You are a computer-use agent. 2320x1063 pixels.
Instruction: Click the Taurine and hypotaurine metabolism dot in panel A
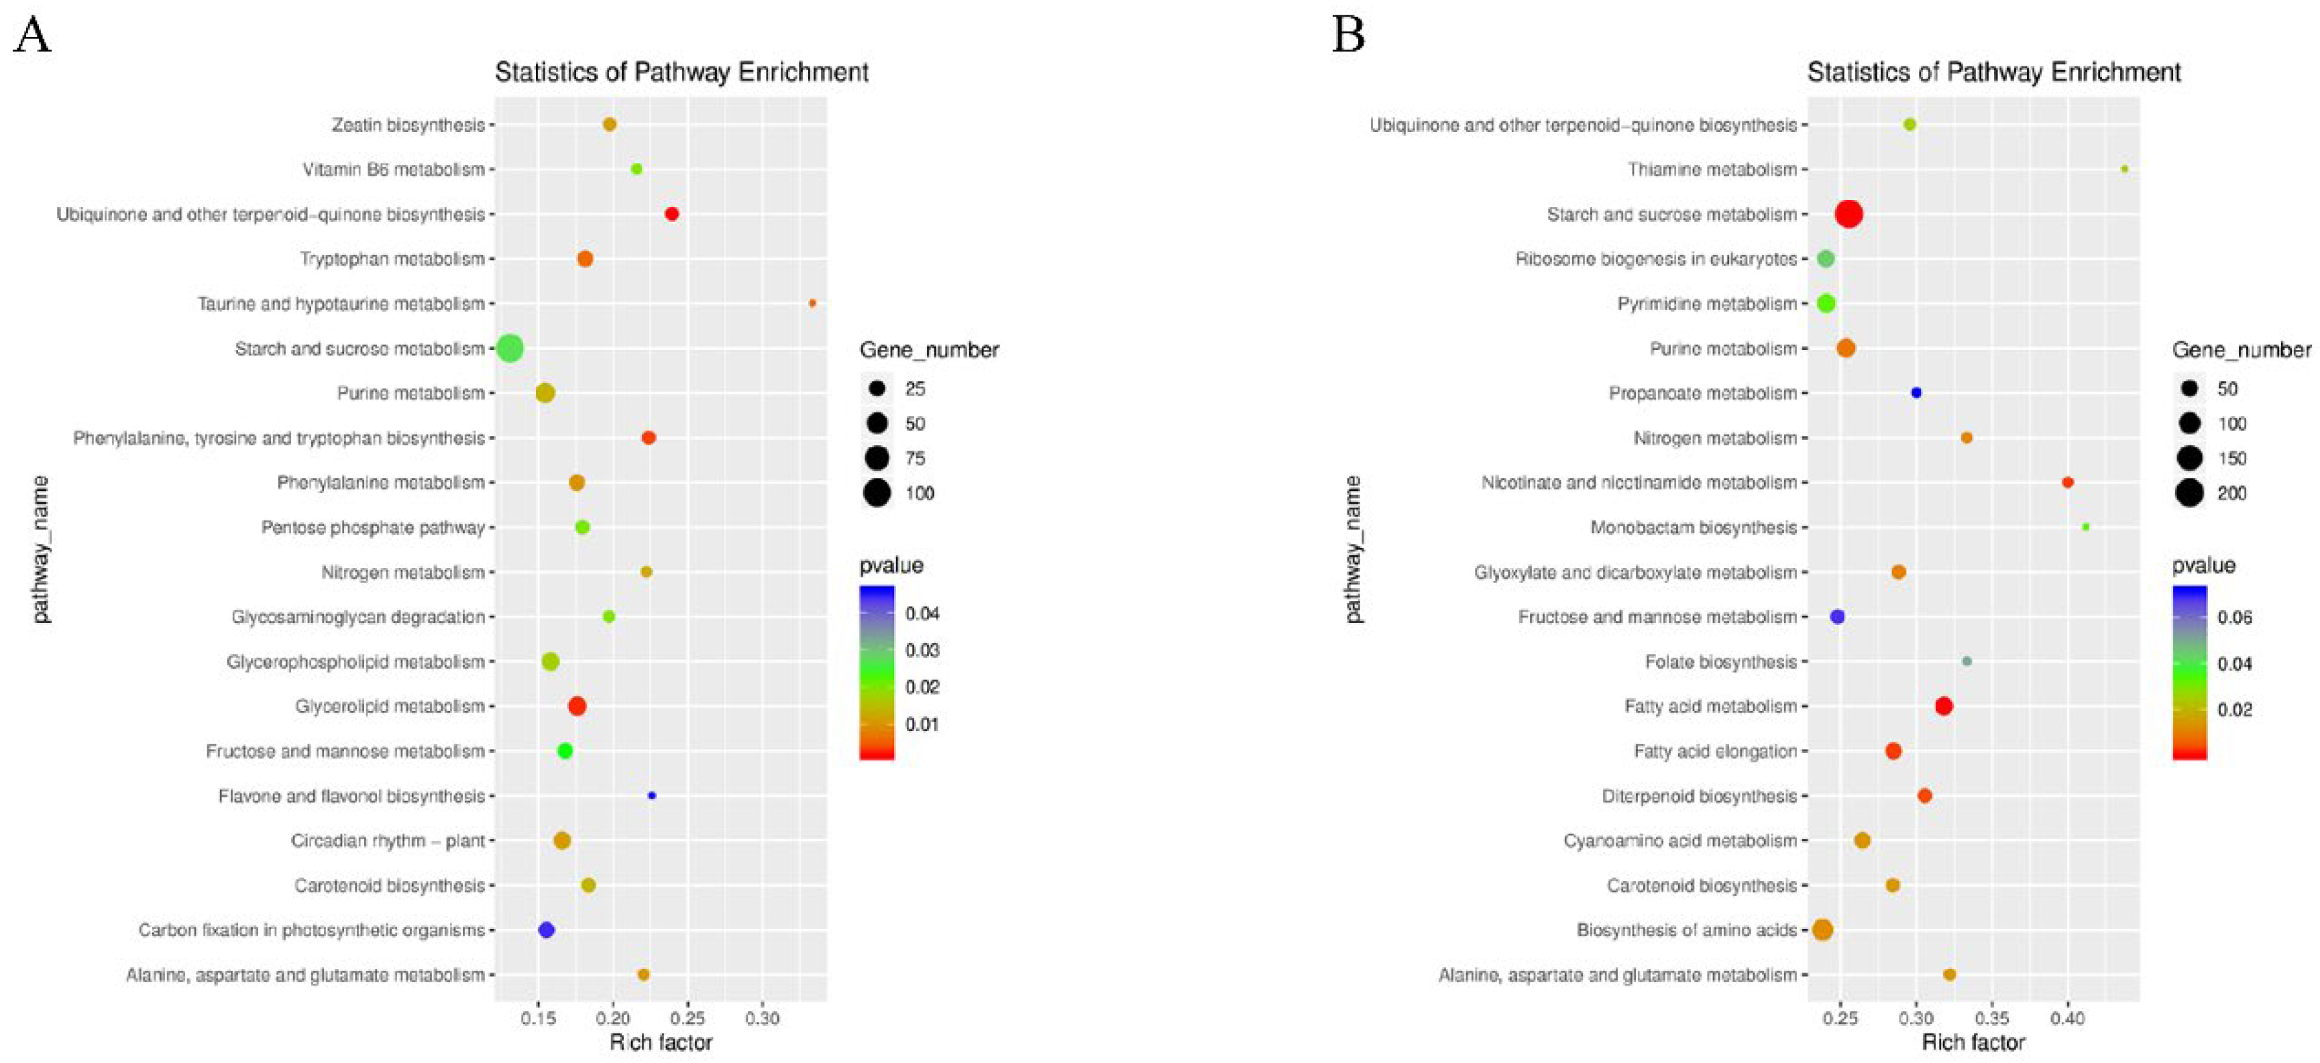812,304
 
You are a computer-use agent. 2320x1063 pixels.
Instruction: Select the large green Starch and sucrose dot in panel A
510,349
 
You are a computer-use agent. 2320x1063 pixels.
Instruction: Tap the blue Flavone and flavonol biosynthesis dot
652,795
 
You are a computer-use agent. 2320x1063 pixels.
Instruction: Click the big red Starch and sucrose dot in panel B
1849,215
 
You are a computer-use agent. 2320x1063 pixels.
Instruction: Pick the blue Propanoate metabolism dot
1916,393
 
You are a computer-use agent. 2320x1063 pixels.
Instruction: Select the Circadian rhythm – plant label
387,840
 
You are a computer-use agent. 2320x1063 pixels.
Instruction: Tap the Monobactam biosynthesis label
1693,528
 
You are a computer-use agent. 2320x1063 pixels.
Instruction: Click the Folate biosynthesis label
1720,662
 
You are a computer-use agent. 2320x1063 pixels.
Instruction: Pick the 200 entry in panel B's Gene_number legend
2231,494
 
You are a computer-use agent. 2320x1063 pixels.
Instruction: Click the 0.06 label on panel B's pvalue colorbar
2234,618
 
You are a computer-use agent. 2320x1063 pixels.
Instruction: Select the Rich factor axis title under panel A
661,1042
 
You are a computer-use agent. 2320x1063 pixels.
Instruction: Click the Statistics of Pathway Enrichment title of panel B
1994,72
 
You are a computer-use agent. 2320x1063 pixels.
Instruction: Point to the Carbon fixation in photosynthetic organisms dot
546,930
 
